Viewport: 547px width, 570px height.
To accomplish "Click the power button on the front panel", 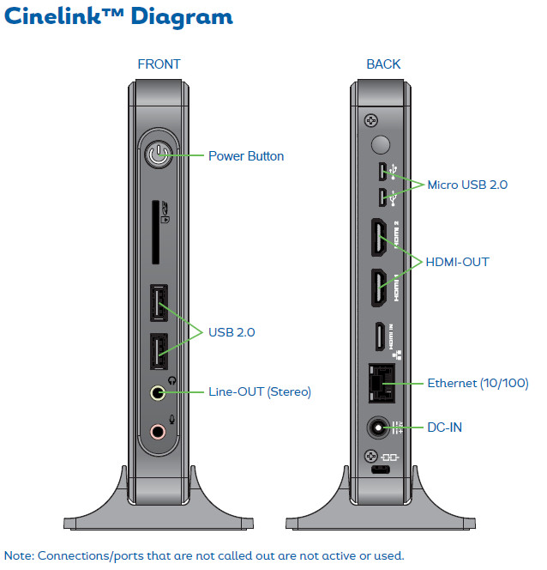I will [157, 156].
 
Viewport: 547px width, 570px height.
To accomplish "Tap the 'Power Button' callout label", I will [246, 156].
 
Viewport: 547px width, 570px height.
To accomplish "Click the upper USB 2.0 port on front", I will [157, 302].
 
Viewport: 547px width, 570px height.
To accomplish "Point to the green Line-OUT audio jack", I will [157, 392].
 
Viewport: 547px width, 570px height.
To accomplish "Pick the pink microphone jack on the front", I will [157, 430].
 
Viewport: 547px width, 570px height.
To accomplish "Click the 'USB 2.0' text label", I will [231, 331].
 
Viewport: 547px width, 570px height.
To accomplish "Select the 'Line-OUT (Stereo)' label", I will [260, 392].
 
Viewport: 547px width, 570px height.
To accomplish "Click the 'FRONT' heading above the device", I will [159, 64].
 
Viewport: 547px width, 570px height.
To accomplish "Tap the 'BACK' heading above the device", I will [383, 64].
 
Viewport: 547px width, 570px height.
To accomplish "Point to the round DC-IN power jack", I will [377, 427].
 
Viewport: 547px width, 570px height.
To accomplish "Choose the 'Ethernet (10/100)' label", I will [478, 383].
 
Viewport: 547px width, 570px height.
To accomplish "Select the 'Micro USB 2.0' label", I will [467, 185].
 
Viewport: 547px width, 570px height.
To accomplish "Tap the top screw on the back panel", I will [370, 119].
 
